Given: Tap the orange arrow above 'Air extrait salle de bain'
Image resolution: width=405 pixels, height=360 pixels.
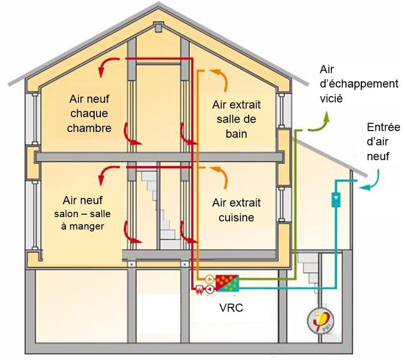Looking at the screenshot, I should (x=220, y=79).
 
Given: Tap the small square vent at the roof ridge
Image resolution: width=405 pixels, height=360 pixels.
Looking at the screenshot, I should (x=159, y=28).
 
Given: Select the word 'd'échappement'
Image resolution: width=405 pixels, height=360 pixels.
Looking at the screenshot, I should (x=358, y=84).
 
